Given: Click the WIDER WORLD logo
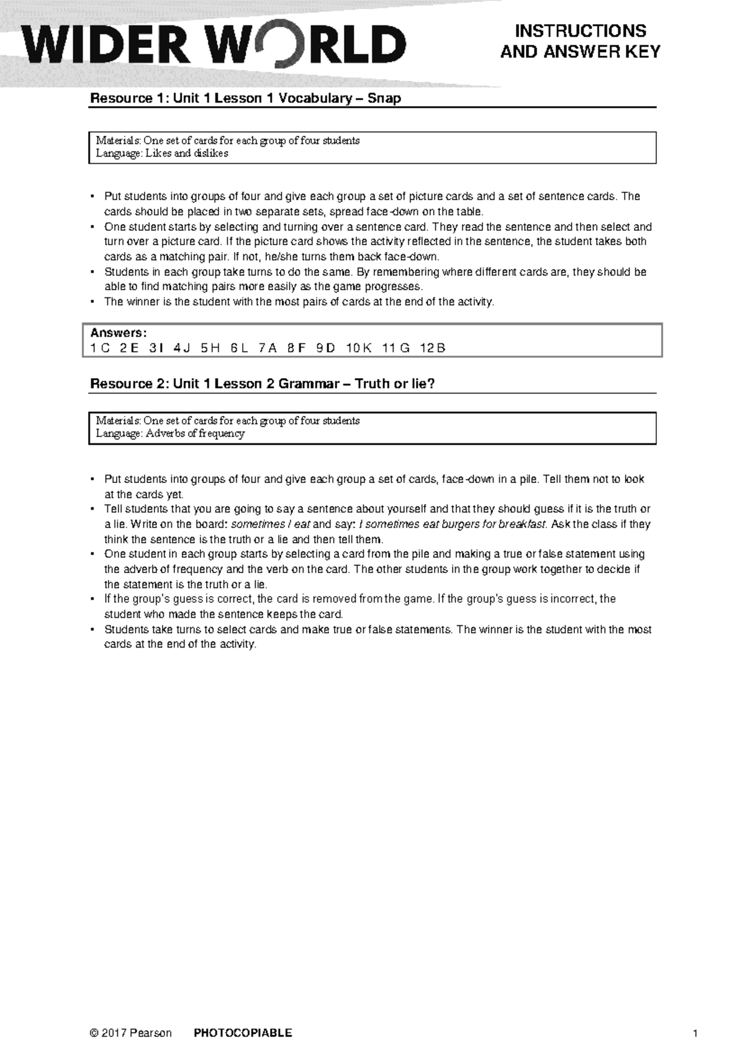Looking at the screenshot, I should (x=214, y=45).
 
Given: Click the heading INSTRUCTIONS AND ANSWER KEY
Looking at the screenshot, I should (x=580, y=41).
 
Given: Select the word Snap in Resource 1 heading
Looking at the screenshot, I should (x=384, y=98).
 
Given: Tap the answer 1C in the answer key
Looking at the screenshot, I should (x=100, y=348).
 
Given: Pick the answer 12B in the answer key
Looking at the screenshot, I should (x=432, y=348).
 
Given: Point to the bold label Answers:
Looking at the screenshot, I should (x=119, y=333).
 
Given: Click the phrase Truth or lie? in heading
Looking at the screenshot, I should (x=395, y=384).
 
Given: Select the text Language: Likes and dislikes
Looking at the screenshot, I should (x=162, y=153).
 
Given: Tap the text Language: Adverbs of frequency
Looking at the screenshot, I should (x=170, y=433).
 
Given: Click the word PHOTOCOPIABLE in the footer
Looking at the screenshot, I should (x=243, y=1033).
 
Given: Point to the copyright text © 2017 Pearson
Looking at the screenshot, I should (x=130, y=1033).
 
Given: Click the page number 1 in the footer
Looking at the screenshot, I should (x=695, y=1033).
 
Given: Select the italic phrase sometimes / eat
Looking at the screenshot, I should (x=270, y=524).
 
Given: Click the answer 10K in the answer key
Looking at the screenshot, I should (x=359, y=348).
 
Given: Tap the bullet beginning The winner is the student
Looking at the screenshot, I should (x=92, y=302).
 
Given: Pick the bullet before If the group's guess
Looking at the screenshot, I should (x=92, y=599).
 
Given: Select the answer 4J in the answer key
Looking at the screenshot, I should (x=182, y=348).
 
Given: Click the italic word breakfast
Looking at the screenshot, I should (x=525, y=524).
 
